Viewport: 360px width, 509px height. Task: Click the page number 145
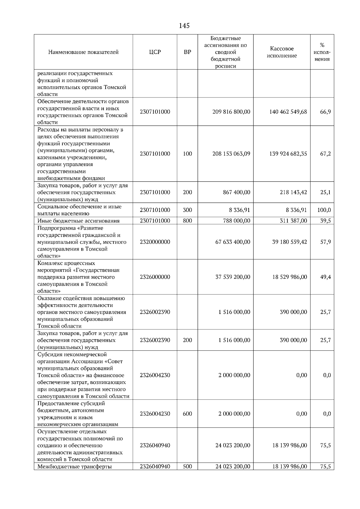coord(184,26)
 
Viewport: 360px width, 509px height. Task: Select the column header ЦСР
coord(155,52)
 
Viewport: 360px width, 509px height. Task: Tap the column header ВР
coord(187,52)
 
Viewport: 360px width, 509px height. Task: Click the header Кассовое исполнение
coord(282,52)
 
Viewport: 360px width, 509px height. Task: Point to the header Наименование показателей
coord(83,52)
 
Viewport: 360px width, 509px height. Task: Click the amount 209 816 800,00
coord(231,112)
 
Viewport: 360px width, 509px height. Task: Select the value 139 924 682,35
coord(288,154)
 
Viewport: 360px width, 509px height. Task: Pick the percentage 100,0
coord(324,210)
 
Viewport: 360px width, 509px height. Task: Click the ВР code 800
coord(187,221)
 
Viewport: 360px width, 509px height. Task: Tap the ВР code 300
coord(187,210)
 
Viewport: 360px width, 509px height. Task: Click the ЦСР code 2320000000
coord(155,242)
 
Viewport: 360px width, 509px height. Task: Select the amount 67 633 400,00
coord(232,242)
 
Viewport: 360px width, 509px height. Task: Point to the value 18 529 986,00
coord(289,277)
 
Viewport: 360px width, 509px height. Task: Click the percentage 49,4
coord(325,277)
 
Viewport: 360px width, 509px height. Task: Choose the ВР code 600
coord(187,414)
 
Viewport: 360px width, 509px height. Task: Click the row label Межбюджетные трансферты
coord(74,467)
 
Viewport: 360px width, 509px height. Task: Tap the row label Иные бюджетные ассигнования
coord(78,221)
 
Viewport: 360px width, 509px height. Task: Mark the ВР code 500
coord(187,467)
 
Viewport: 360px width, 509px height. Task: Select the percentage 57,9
coord(325,242)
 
